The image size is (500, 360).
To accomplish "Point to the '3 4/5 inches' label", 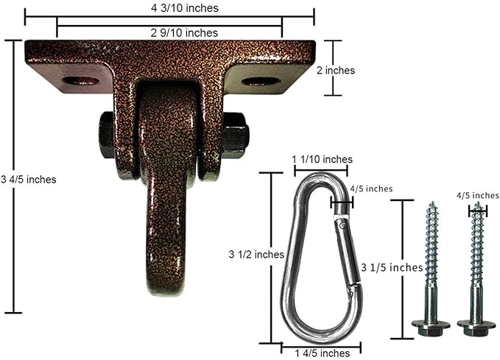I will pos(28,179).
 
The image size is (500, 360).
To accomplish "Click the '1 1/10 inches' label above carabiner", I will pos(322,159).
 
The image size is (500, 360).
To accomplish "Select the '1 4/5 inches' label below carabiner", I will pos(311,351).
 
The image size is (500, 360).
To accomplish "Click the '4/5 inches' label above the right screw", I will pos(472,195).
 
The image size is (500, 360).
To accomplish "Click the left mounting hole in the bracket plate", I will pos(80,80).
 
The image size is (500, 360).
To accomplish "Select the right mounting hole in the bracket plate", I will pos(261,80).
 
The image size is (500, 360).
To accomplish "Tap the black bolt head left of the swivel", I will pos(106,135).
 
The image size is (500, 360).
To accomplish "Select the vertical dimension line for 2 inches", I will pos(334,68).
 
